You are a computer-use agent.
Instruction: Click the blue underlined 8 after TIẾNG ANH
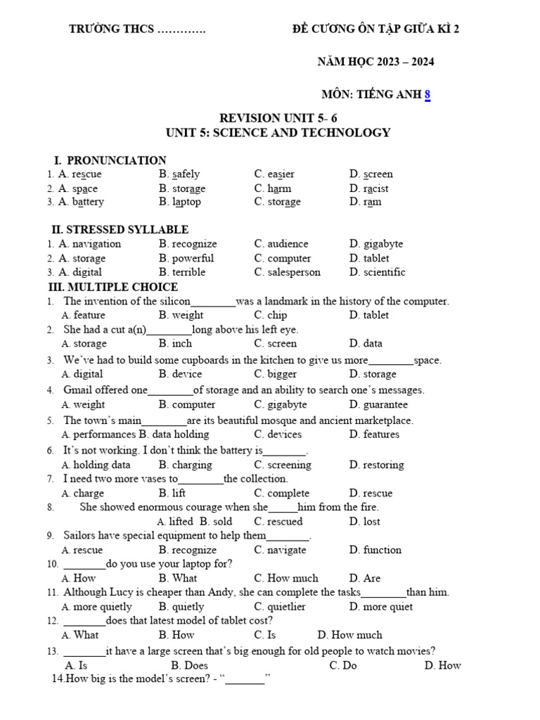427,95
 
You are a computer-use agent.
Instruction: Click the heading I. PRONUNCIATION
110,160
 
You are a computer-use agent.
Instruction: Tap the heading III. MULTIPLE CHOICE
112,287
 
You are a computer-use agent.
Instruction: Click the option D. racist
368,188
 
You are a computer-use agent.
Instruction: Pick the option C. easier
274,174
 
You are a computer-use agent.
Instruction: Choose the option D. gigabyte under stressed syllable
375,244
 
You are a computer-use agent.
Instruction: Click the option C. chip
271,316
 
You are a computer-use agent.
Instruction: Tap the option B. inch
175,344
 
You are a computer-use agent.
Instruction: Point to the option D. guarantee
378,405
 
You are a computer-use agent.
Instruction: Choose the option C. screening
283,465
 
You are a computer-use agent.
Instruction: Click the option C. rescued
278,522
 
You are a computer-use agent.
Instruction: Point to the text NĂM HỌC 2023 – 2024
375,62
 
